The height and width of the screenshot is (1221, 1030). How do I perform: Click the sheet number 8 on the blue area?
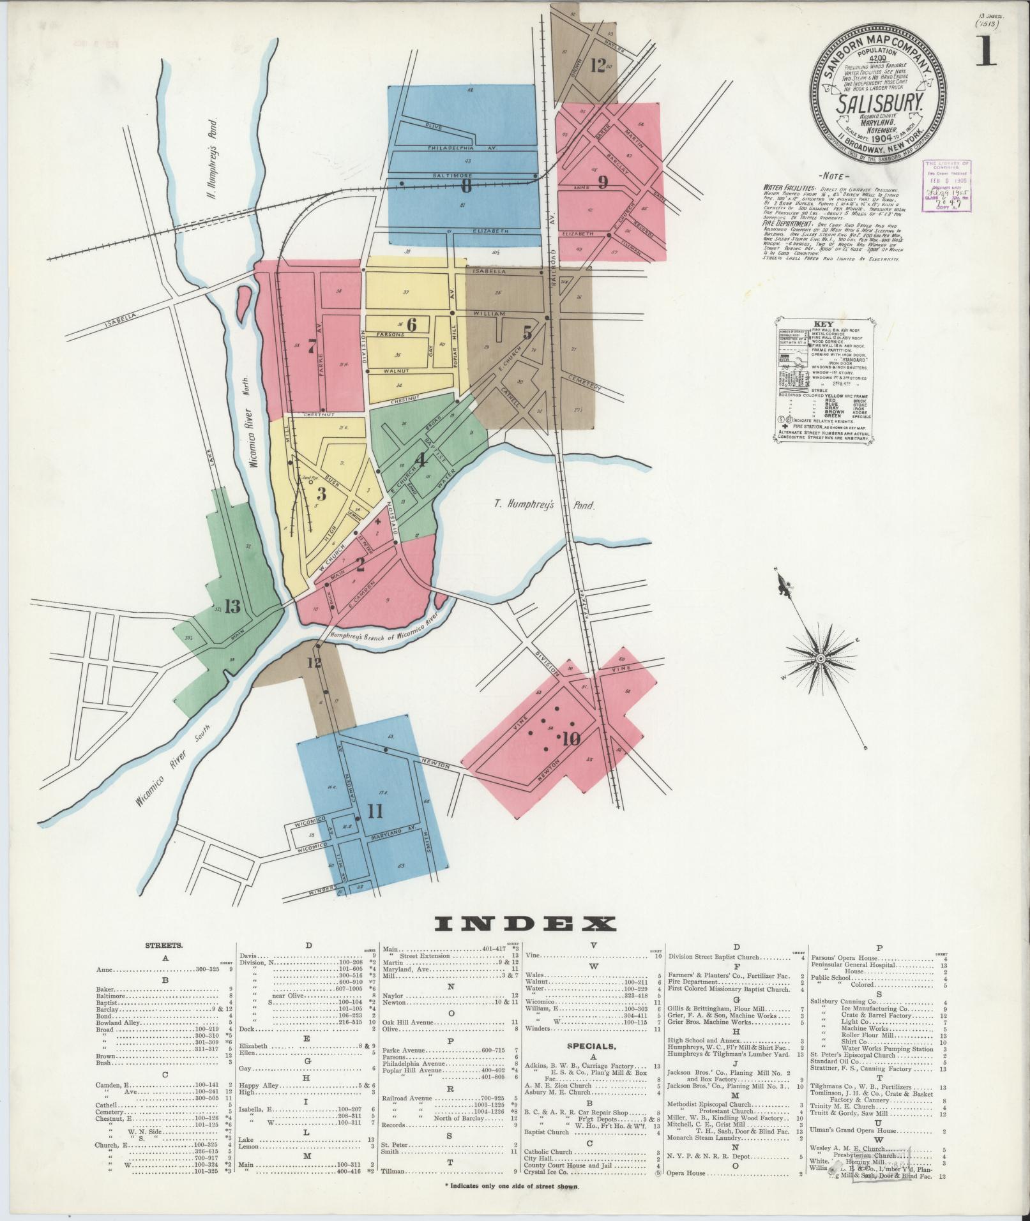click(466, 186)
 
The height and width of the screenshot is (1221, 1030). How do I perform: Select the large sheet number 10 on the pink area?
click(570, 739)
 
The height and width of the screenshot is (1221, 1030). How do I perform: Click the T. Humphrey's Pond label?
click(544, 505)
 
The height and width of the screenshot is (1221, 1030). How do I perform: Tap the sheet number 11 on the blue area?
click(374, 811)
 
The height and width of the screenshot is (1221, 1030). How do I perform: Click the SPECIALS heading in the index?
click(592, 1047)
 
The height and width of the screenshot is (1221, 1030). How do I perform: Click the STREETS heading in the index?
click(165, 943)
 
